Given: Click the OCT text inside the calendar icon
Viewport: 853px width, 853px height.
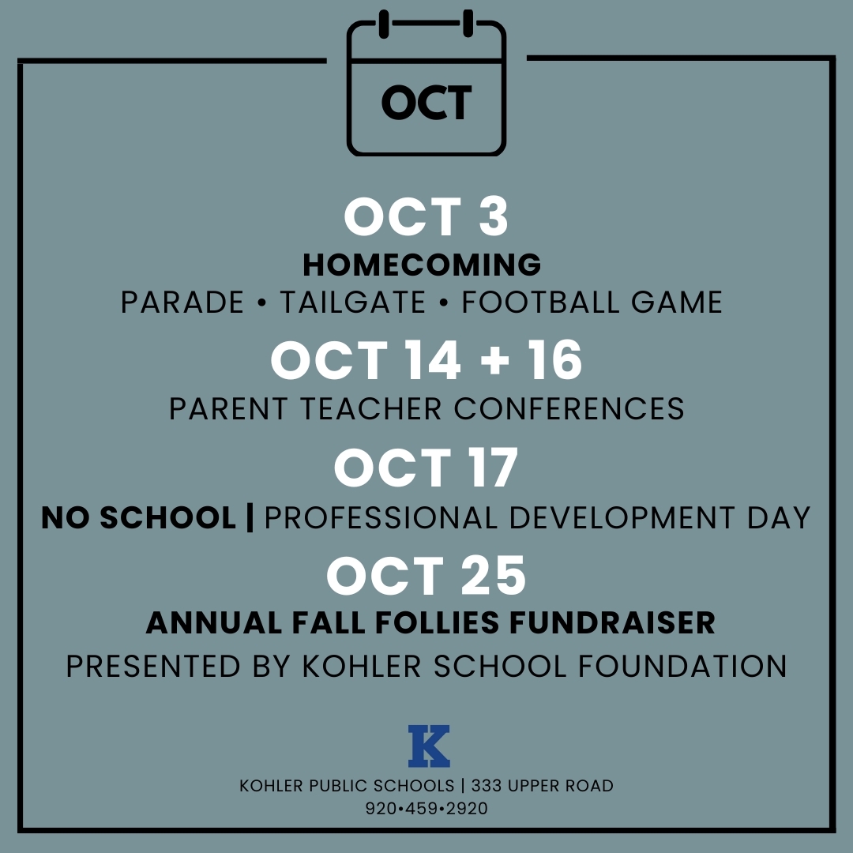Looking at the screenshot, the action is click(426, 103).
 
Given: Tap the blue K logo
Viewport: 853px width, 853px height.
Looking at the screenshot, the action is click(429, 746).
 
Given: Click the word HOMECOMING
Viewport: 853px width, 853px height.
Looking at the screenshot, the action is click(422, 265).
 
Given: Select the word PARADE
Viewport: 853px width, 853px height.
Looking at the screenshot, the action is click(182, 302).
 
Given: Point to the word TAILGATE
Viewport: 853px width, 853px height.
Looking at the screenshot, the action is click(352, 302).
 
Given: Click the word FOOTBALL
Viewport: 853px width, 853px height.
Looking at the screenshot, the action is click(541, 302).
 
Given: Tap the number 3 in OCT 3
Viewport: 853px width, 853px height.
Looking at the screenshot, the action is click(494, 216).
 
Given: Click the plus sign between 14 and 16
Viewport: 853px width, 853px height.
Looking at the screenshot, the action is click(495, 360).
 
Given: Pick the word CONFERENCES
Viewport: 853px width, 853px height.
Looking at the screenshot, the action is click(569, 409).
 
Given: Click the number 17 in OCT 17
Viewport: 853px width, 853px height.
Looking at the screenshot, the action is click(493, 468).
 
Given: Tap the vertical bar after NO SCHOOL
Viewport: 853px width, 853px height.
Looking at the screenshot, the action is click(250, 517).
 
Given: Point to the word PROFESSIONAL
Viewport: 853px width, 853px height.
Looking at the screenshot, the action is click(381, 517).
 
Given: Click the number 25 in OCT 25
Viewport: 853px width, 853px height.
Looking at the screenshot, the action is click(494, 576).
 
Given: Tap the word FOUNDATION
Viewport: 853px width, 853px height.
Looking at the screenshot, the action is click(682, 667).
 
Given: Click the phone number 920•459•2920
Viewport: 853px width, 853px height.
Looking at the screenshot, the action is click(426, 809).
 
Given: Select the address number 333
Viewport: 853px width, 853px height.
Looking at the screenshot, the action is click(484, 786).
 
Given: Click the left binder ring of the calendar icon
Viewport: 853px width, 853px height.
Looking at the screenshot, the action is click(384, 24).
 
